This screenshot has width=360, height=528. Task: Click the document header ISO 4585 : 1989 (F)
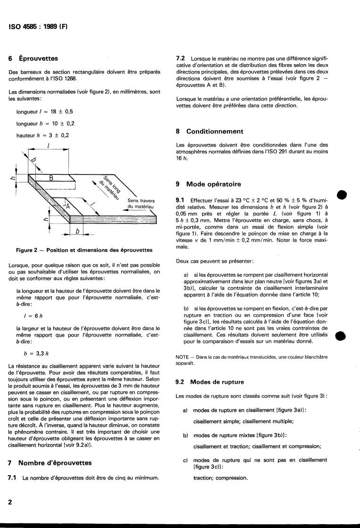pos(39,26)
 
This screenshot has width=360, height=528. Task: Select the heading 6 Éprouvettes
pos(33,59)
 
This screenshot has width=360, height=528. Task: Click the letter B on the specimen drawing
pos(51,179)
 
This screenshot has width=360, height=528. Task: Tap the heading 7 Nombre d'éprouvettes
pos(50,463)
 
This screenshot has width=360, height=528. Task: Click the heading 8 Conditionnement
pos(209,131)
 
